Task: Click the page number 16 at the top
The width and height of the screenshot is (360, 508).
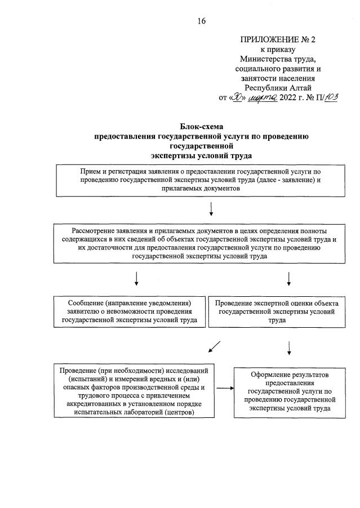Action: (202, 21)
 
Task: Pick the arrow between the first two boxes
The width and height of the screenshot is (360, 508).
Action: (211, 210)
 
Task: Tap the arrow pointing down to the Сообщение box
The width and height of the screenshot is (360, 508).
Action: (136, 279)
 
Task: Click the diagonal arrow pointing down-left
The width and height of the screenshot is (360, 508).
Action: (214, 347)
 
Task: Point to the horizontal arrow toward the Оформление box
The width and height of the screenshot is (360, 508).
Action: (224, 388)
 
